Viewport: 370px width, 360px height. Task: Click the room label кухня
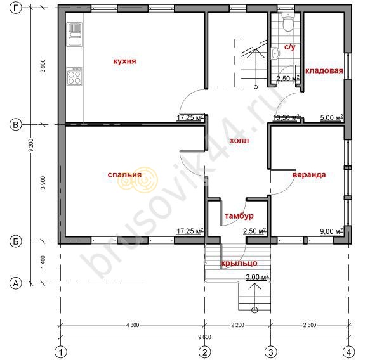[124, 61]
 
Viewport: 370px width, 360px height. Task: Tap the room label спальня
[124, 175]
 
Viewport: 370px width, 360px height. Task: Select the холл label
[239, 141]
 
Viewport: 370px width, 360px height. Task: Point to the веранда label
[309, 175]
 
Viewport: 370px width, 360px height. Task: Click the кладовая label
[324, 71]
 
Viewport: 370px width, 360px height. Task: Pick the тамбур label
[239, 216]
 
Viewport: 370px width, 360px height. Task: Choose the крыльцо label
[239, 263]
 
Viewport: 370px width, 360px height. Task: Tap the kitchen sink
[75, 34]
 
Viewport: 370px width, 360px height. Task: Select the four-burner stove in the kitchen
[74, 76]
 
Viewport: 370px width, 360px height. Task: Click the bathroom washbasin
[275, 53]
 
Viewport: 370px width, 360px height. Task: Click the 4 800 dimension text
[133, 325]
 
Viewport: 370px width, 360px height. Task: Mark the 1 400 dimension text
[43, 262]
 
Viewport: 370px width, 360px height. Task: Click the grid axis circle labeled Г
[16, 8]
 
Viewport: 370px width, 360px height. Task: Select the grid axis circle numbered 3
[270, 352]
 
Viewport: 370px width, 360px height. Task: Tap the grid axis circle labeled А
[16, 283]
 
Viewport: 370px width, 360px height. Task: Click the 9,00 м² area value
[331, 231]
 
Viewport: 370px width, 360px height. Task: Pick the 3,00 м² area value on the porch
[257, 277]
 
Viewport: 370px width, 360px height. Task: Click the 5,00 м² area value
[331, 117]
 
